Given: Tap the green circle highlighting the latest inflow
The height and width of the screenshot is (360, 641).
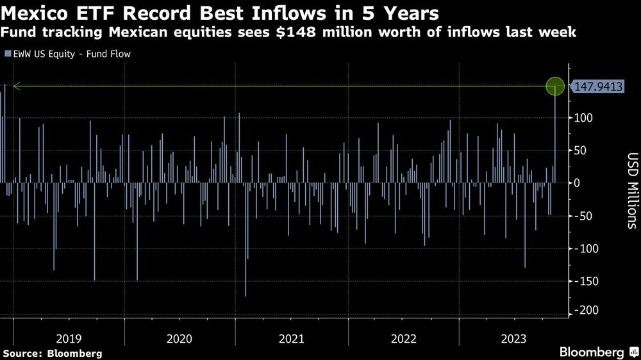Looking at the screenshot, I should [x=555, y=86].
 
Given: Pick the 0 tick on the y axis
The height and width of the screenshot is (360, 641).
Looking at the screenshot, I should [x=578, y=183].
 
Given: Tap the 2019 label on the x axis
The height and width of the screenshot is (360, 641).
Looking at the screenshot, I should [x=69, y=338].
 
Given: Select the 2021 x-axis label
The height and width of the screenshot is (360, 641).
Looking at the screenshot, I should [x=292, y=338].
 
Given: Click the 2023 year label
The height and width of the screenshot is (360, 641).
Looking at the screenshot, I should [x=514, y=338].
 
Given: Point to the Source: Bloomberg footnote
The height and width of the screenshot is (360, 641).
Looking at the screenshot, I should [x=53, y=353].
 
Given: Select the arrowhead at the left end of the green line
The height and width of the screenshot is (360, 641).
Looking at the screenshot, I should [x=16, y=86].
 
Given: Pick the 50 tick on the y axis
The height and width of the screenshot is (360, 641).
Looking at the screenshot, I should [x=581, y=150].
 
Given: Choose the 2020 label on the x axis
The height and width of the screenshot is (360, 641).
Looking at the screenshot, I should [x=180, y=338].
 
